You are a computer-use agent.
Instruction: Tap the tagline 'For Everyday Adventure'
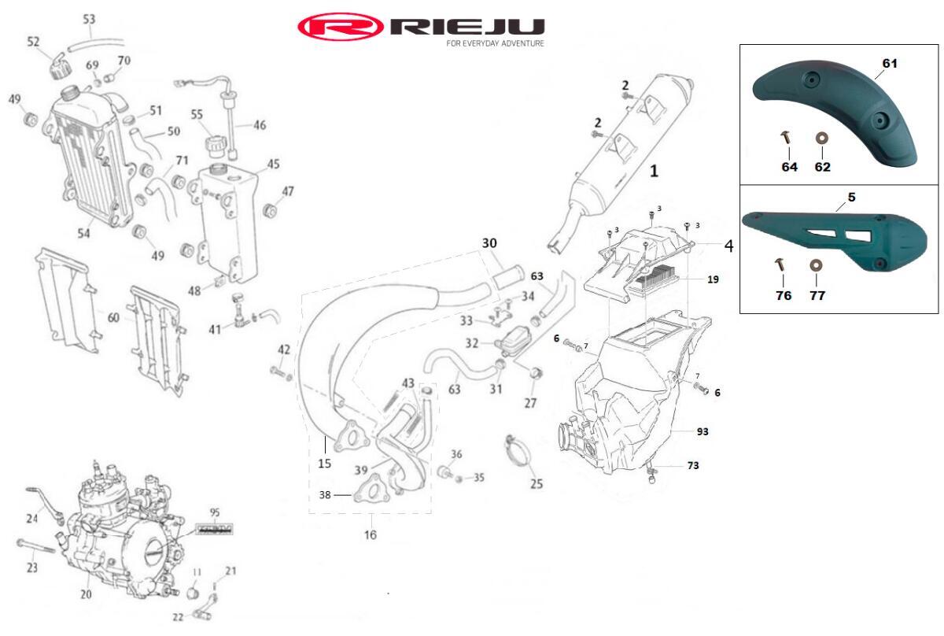tap(495, 44)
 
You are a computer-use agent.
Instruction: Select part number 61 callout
tap(890, 63)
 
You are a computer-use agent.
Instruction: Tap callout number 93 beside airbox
tap(702, 431)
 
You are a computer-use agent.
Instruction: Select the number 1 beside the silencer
tap(653, 169)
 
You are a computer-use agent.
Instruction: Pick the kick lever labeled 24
tap(44, 502)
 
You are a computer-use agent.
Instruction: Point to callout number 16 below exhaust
tap(370, 535)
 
